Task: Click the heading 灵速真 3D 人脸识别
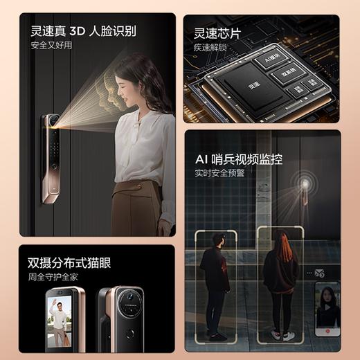(83, 32)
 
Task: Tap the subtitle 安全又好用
(51, 46)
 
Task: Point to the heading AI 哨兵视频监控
(242, 159)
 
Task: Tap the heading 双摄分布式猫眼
(69, 264)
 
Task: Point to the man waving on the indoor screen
(61, 323)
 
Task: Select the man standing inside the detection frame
(214, 283)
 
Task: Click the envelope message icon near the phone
(319, 273)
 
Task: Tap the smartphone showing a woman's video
(327, 309)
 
